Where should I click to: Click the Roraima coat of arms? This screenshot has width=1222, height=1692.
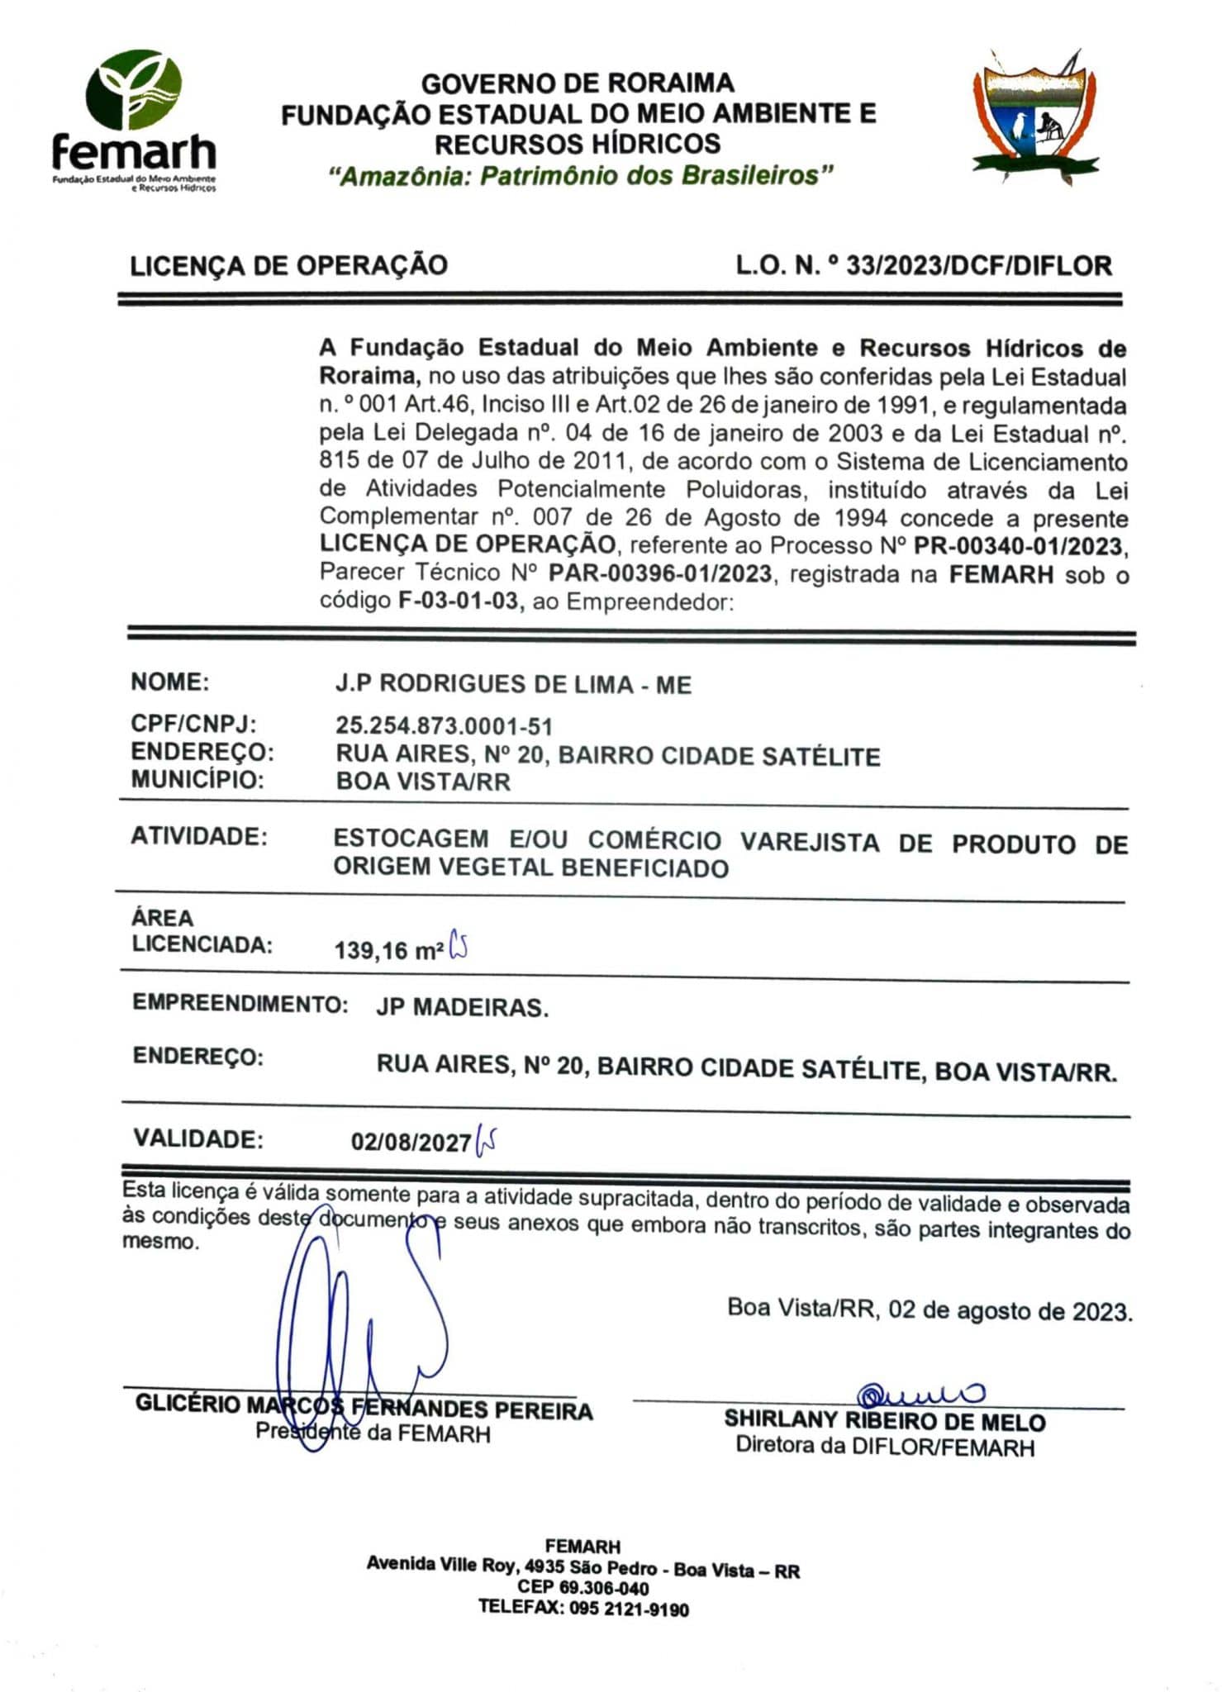coord(1035,116)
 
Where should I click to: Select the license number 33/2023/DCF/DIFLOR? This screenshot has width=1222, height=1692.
coord(978,266)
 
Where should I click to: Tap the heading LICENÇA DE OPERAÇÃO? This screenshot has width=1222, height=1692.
coord(288,265)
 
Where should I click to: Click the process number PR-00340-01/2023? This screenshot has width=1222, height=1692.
coord(1019,546)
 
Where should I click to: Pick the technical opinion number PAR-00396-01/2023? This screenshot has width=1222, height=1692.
coord(660,573)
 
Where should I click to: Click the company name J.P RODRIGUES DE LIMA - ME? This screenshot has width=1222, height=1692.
coord(513,685)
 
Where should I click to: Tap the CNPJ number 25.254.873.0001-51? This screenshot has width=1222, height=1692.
coord(444,727)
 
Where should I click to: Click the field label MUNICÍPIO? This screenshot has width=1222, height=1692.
coord(197,780)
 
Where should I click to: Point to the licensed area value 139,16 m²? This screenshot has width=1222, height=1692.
coord(388,950)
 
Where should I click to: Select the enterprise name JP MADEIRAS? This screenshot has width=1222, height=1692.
coord(462,1008)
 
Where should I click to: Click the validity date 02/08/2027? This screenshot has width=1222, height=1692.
coord(411,1142)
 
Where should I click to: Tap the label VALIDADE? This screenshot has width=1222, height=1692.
coord(198,1139)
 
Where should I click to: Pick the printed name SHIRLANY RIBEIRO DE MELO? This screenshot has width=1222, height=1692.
coord(884,1421)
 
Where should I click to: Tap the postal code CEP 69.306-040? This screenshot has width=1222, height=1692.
coord(582,1587)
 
